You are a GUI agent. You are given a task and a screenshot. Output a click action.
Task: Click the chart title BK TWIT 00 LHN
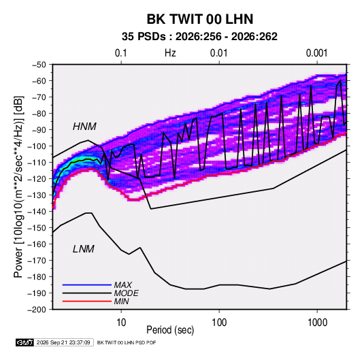[x=200, y=19]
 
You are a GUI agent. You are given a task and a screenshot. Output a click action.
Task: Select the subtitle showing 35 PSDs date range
[x=199, y=37]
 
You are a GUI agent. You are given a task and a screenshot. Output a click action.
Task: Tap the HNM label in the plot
[x=84, y=127]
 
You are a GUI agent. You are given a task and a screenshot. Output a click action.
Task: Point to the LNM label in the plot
[x=84, y=249]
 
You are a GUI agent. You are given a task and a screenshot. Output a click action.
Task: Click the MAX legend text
[x=122, y=285]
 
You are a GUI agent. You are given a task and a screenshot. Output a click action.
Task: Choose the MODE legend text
[x=127, y=293]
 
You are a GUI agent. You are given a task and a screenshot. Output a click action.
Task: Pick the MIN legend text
[x=121, y=301]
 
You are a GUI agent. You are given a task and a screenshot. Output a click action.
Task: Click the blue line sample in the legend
[x=87, y=284]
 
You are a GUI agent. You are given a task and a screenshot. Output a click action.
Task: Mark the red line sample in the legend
[x=87, y=301]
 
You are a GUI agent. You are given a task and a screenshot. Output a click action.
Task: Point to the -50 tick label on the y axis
[x=39, y=65]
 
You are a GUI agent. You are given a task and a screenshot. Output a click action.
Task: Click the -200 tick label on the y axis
[x=37, y=310]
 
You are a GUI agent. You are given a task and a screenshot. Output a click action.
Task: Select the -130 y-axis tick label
[x=37, y=195]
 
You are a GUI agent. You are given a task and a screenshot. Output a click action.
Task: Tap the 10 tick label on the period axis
[x=121, y=323]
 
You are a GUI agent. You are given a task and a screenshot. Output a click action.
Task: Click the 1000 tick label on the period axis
[x=317, y=323]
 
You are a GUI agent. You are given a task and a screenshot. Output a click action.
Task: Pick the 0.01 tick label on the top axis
[x=218, y=53]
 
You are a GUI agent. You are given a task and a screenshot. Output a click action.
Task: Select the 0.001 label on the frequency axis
[x=316, y=53]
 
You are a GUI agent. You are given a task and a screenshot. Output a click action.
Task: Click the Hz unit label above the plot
[x=170, y=53]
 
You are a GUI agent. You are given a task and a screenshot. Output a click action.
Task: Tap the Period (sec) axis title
[x=170, y=330]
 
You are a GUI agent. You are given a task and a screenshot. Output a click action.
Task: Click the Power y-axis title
[x=18, y=186]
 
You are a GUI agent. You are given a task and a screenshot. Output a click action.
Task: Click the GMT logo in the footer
[x=24, y=342]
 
